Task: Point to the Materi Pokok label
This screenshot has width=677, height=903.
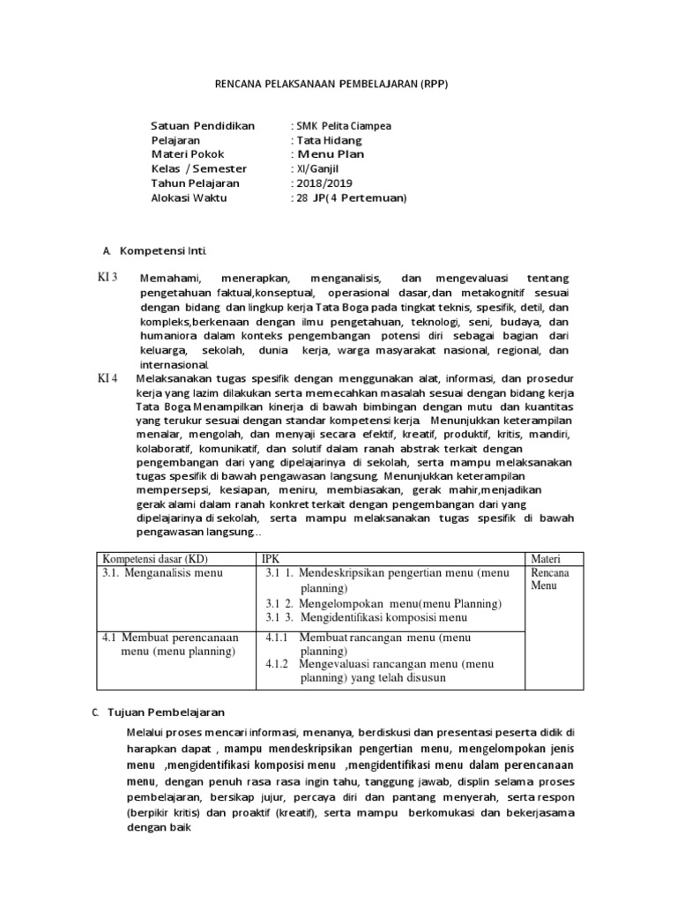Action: pyautogui.click(x=188, y=154)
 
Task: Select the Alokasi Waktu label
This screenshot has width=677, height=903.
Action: pyautogui.click(x=189, y=198)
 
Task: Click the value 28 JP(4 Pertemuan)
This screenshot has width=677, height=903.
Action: pyautogui.click(x=348, y=198)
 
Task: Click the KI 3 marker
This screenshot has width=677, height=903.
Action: pyautogui.click(x=108, y=278)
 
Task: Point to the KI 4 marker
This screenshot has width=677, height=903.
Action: pyautogui.click(x=108, y=377)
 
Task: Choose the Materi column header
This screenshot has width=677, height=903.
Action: pyautogui.click(x=545, y=558)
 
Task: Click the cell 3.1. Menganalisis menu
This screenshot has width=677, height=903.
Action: pyautogui.click(x=163, y=573)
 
